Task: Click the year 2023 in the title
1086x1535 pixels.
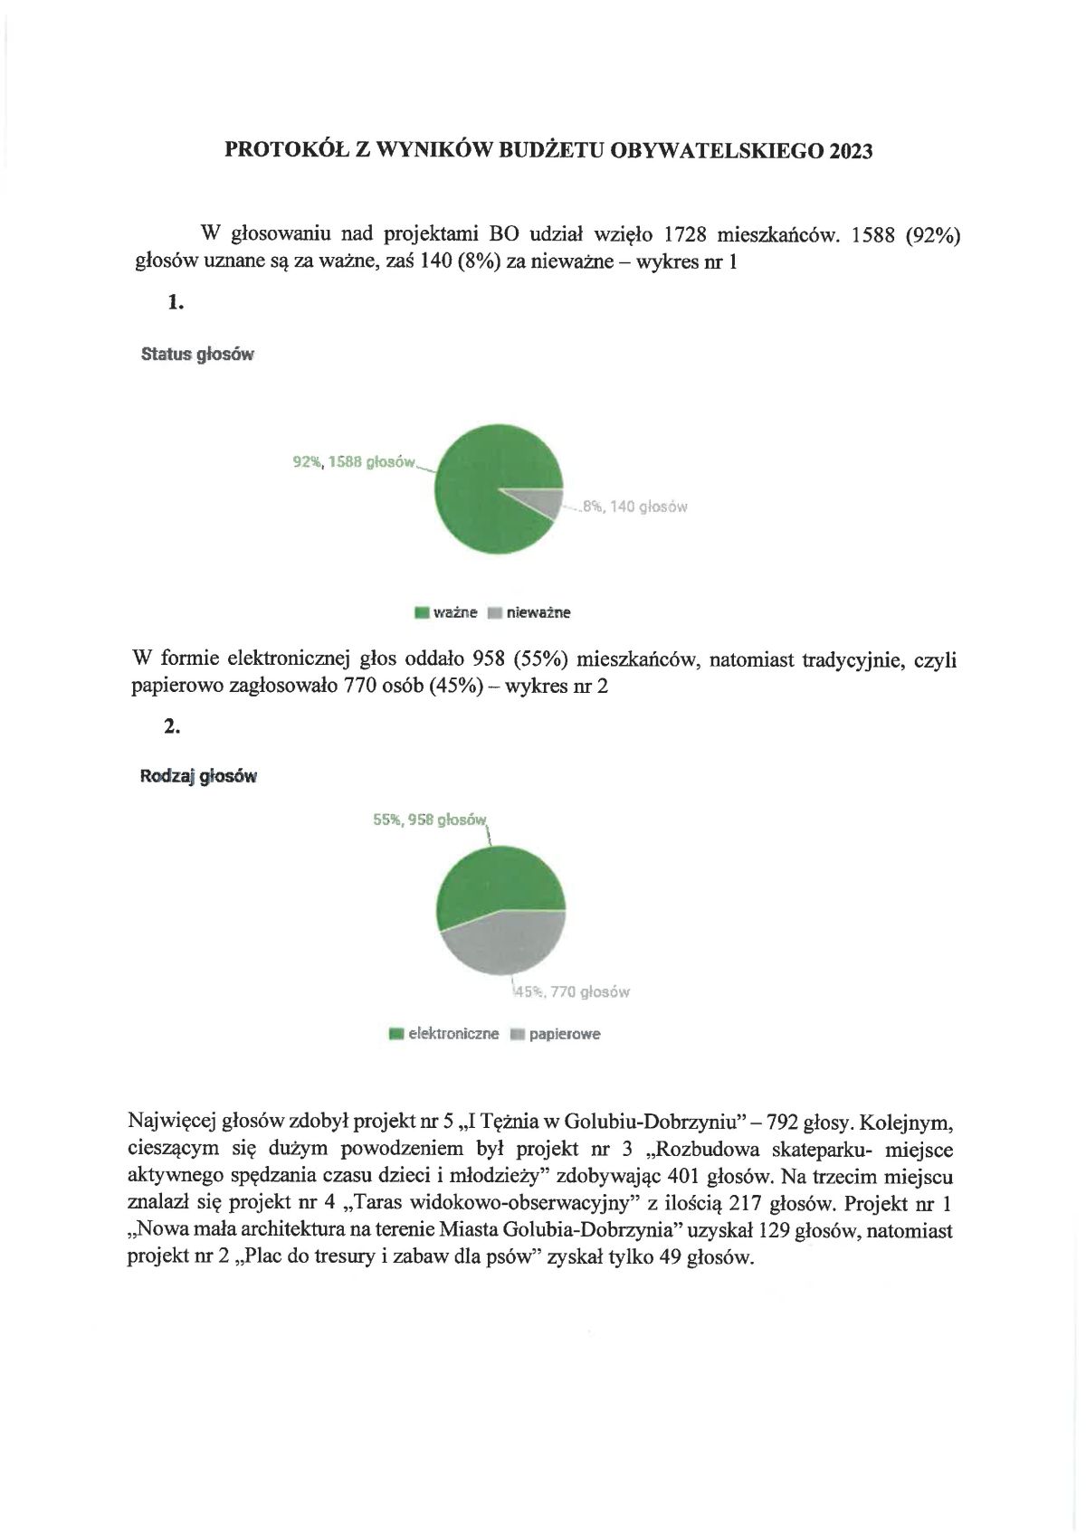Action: pyautogui.click(x=849, y=151)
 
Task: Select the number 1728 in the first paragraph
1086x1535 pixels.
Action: pyautogui.click(x=684, y=234)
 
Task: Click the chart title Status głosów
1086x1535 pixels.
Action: pyautogui.click(x=197, y=355)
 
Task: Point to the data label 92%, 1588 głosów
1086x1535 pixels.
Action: pyautogui.click(x=354, y=462)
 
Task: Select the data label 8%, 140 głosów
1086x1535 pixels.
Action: pyautogui.click(x=634, y=507)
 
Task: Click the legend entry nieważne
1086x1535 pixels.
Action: pyautogui.click(x=538, y=612)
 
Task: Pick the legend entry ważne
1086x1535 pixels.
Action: pyautogui.click(x=454, y=612)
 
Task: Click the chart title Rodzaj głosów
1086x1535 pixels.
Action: pyautogui.click(x=198, y=776)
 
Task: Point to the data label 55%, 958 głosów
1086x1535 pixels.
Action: pyautogui.click(x=430, y=820)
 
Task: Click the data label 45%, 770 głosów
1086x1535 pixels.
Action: pyautogui.click(x=572, y=991)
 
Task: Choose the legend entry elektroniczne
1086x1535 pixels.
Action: pyautogui.click(x=452, y=1034)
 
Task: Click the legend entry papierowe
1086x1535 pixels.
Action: pyautogui.click(x=564, y=1034)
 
